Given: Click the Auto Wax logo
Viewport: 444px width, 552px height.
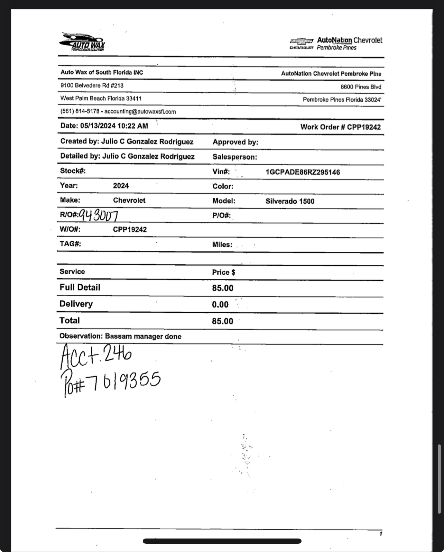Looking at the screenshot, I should (82, 42).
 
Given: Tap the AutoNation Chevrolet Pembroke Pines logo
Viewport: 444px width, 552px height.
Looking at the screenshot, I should (336, 44).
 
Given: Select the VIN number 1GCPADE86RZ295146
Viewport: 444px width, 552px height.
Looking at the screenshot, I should (303, 172).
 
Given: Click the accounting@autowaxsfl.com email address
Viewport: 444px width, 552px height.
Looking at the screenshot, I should (140, 112).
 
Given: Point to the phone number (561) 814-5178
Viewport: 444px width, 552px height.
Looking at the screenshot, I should (80, 111).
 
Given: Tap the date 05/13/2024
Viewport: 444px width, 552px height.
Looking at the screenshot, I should (98, 126).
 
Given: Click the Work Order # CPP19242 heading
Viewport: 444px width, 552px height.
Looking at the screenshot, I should (340, 127).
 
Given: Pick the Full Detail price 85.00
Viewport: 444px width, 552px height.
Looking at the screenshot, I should (223, 288).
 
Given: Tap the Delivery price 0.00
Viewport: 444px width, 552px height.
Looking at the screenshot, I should (220, 305).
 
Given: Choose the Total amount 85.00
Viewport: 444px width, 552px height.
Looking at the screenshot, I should (223, 321).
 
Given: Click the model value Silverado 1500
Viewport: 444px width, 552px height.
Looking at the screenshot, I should (290, 201).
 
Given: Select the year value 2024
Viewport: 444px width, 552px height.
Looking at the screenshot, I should (121, 186).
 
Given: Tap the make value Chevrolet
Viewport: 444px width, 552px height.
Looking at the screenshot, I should (129, 201).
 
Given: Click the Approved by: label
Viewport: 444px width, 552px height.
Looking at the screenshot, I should (235, 142).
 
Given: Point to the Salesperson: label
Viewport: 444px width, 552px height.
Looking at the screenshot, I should (235, 157).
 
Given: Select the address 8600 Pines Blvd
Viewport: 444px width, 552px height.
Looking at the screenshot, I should (361, 87).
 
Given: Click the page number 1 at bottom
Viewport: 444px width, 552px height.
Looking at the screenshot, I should (380, 534).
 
